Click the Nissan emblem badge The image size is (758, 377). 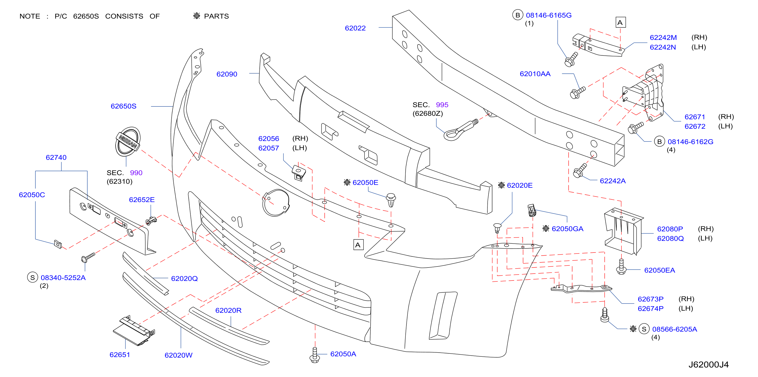[128, 141]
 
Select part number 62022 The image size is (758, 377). [355, 28]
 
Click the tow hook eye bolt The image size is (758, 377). [460, 131]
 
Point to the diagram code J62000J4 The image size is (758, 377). [708, 365]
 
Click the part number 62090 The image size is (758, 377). [227, 74]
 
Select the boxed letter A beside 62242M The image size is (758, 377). [621, 22]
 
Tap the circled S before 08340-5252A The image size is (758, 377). [32, 277]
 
